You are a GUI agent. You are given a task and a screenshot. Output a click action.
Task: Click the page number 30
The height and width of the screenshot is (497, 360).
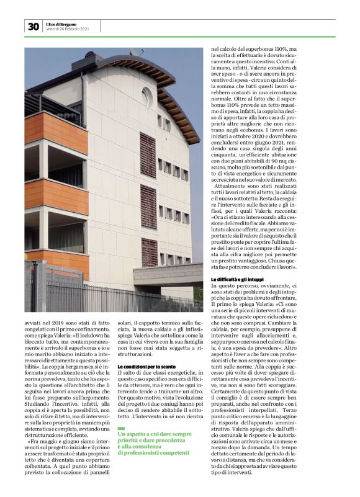[x=33, y=26]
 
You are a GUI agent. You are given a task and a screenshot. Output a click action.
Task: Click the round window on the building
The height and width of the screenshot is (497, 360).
[x=146, y=96]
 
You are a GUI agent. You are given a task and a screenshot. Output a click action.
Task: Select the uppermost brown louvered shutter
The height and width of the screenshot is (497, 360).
[x=148, y=155]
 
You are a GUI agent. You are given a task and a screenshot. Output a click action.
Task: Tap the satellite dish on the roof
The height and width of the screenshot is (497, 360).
[x=133, y=54]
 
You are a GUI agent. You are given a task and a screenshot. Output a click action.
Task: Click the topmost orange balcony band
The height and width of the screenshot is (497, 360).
[x=56, y=130]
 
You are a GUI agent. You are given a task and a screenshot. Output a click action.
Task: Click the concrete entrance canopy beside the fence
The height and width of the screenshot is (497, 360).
[x=168, y=274]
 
